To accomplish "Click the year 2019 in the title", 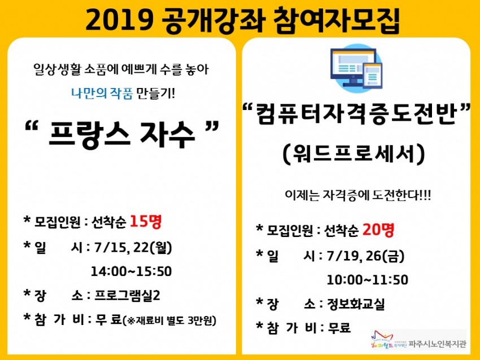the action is tap(119, 20).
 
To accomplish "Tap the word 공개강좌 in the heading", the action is tap(212, 20).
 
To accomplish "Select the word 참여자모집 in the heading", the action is tap(336, 20).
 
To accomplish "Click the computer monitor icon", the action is tap(356, 68).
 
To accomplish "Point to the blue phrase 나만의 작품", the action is tap(102, 93).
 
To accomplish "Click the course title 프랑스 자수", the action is tap(121, 135).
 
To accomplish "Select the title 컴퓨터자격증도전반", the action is tap(356, 114).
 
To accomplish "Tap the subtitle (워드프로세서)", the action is tap(354, 153).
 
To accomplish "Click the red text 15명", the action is tap(145, 221).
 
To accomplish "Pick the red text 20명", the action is tap(378, 230).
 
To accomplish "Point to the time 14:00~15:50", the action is tap(132, 271).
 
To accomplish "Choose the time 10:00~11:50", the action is tap(368, 280).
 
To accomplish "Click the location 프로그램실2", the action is tap(127, 296).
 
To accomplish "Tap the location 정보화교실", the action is tap(355, 304).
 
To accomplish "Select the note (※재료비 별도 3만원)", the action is tap(169, 321).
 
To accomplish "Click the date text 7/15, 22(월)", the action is tap(133, 248).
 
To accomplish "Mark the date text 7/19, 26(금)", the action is tap(366, 256).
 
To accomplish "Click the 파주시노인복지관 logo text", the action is tap(437, 344).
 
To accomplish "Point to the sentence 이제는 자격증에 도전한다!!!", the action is tap(357, 195).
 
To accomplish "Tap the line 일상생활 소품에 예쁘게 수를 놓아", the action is tap(121, 69).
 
